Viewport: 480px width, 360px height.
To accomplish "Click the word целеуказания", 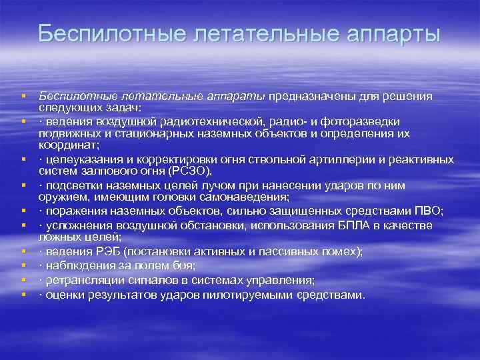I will click(80, 159).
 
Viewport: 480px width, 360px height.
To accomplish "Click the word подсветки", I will click(71, 185).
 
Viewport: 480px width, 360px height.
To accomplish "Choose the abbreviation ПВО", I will click(427, 211).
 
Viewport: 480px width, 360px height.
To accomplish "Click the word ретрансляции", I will click(79, 280).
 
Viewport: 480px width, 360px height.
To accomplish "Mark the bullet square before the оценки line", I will click(23, 294).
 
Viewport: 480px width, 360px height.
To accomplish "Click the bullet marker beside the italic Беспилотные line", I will click(23, 97).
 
